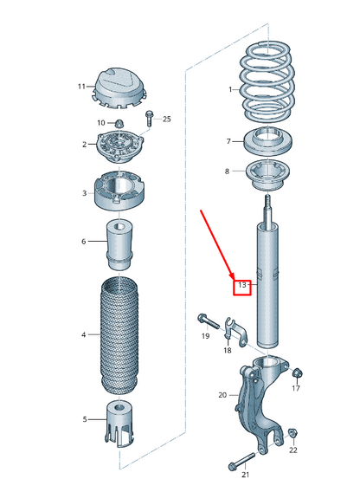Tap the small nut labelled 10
tap(121, 122)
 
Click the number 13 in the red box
tap(242, 285)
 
